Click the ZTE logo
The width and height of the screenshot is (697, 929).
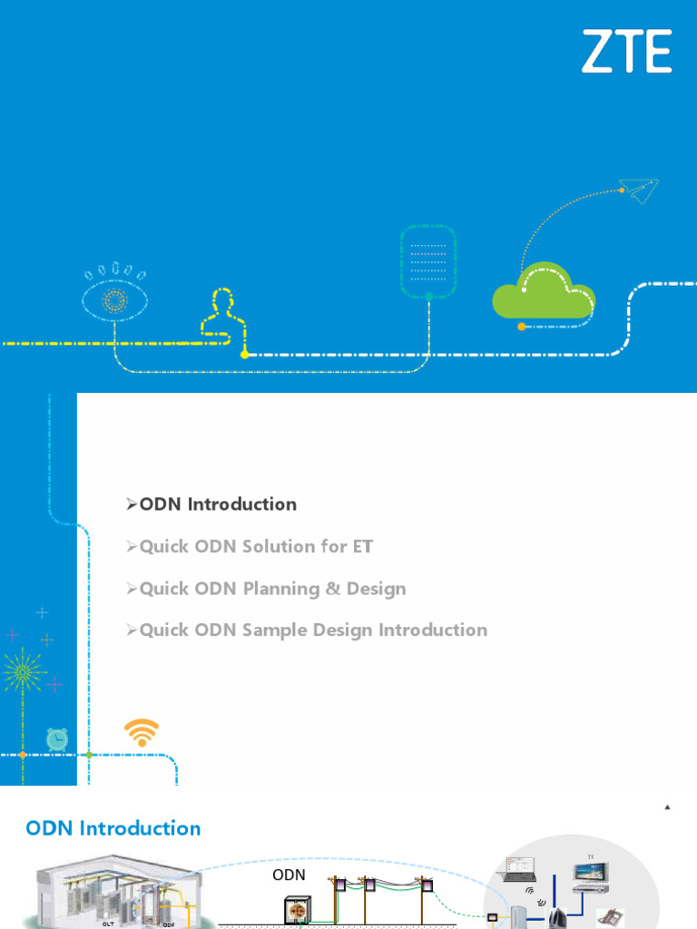click(626, 51)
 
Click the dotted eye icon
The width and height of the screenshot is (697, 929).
click(115, 296)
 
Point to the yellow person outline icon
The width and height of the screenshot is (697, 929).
click(222, 315)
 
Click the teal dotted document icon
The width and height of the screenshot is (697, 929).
click(428, 262)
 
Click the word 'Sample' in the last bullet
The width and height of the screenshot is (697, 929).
click(274, 630)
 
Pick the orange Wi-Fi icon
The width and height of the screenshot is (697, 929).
click(141, 732)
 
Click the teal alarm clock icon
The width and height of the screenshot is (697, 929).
click(57, 738)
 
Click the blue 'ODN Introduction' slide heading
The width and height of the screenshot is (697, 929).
click(113, 828)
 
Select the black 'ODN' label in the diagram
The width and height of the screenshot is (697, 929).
click(289, 875)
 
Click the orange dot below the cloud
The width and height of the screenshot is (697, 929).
click(521, 327)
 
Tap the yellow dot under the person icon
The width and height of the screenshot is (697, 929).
click(244, 355)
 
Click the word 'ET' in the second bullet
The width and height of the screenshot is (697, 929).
click(362, 546)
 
